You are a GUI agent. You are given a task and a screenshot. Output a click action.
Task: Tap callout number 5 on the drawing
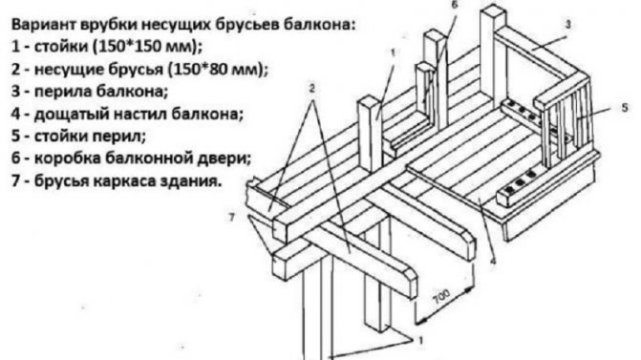point(623,109)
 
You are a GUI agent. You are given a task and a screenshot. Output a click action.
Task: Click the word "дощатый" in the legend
point(69,115)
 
